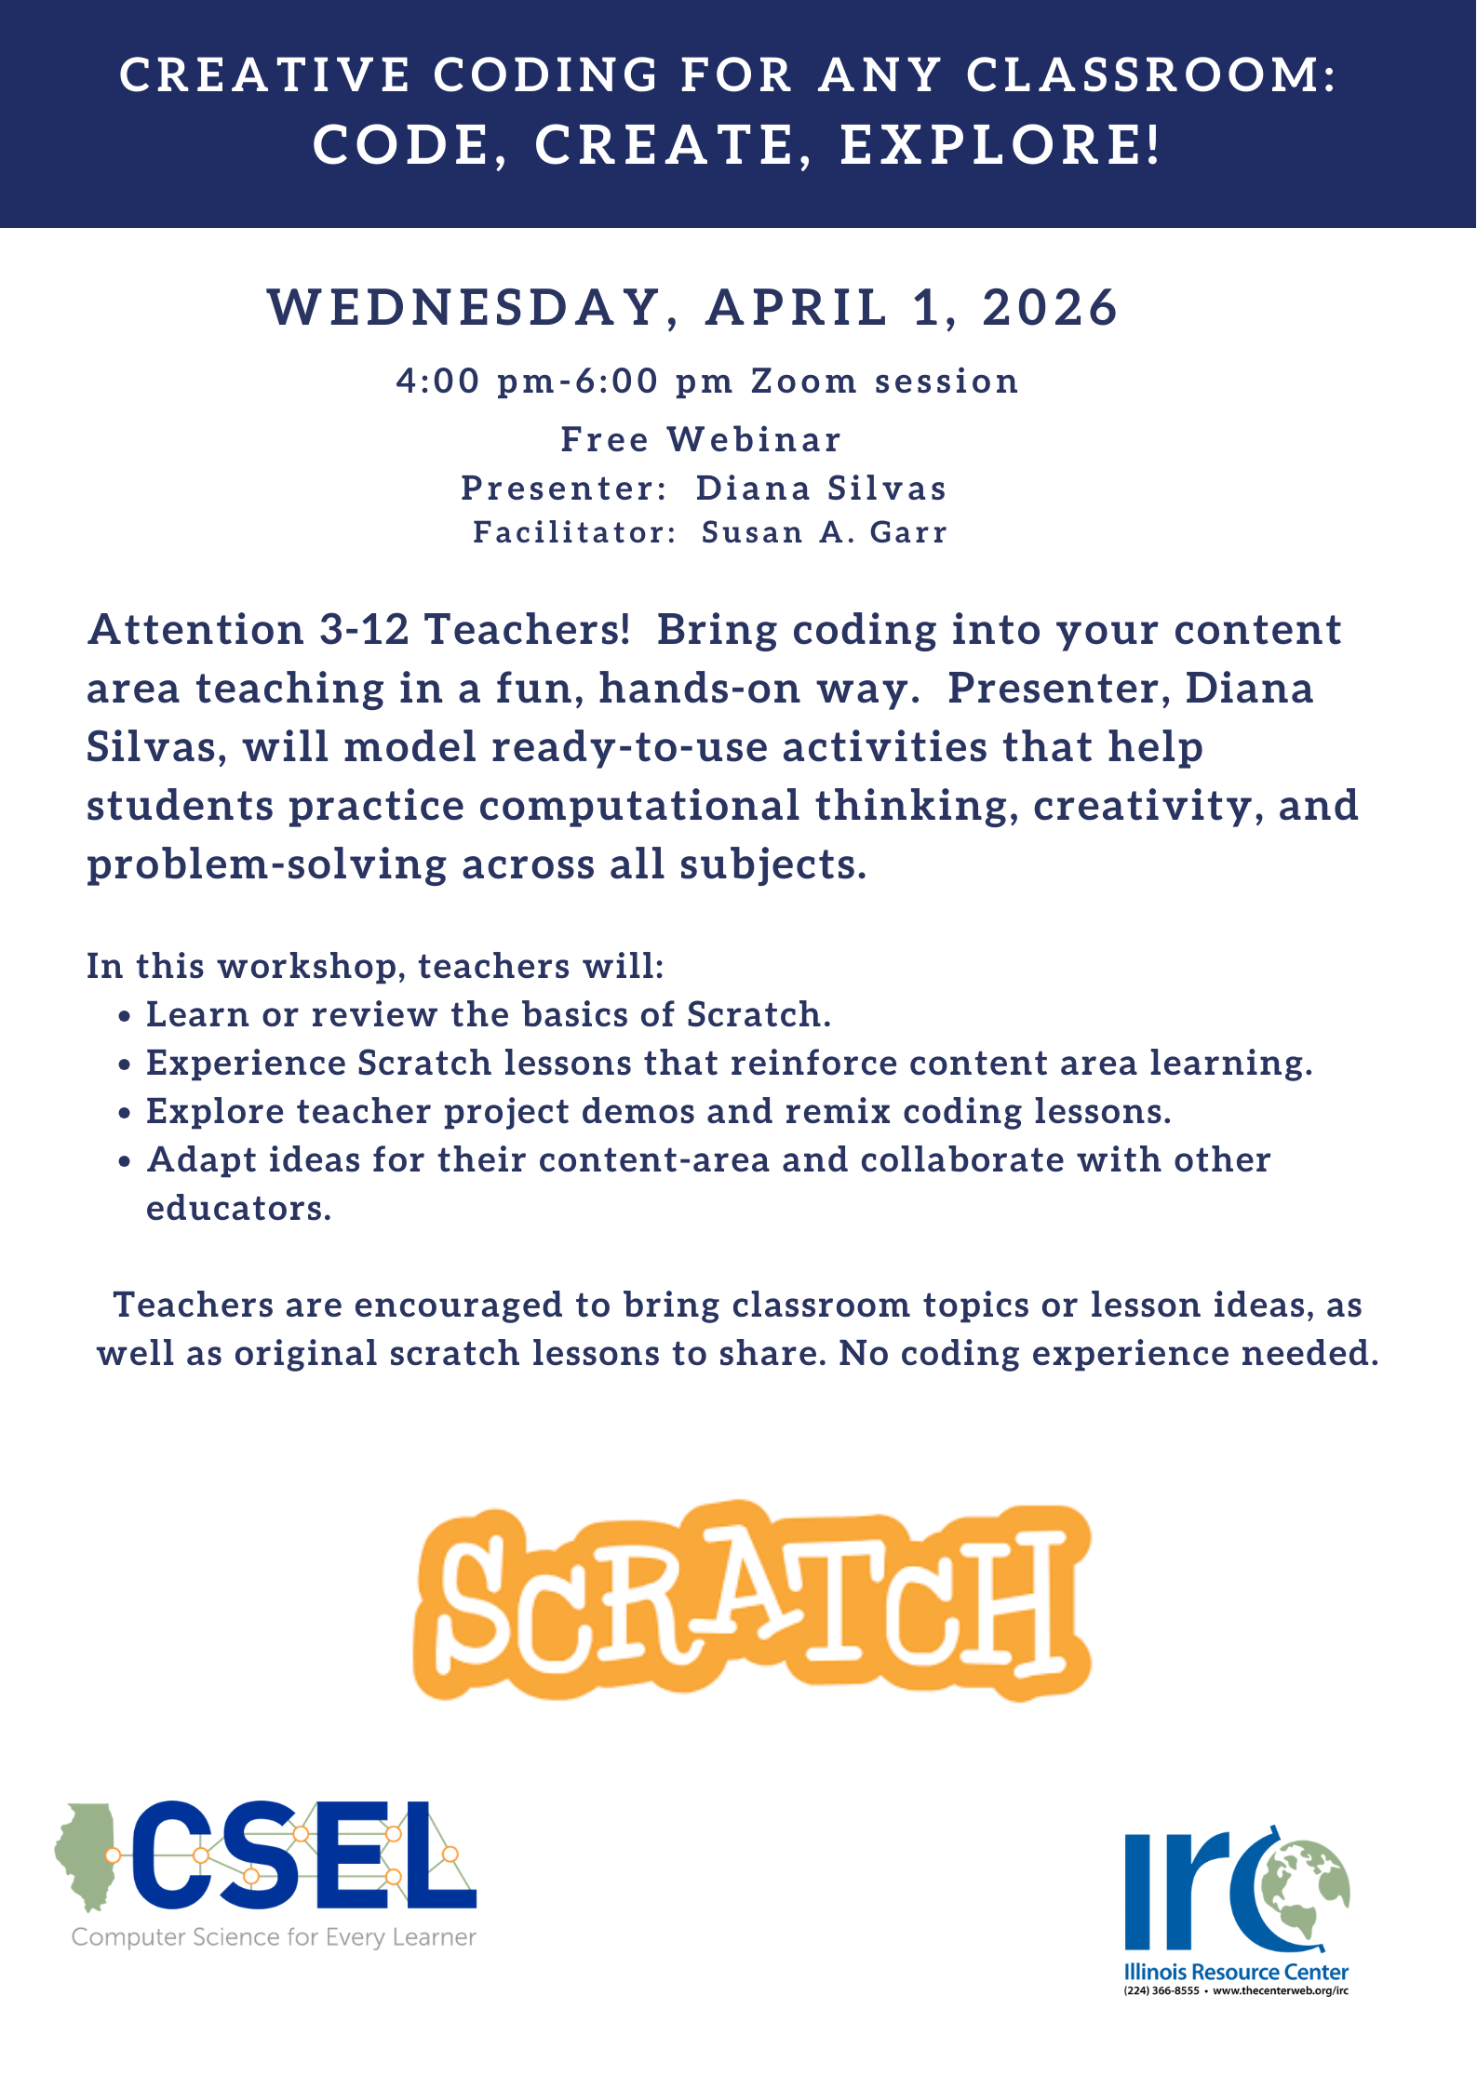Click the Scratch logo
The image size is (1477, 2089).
[x=751, y=1600]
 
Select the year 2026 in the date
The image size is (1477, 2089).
[x=1050, y=308]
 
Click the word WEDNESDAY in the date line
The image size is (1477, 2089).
[x=463, y=308]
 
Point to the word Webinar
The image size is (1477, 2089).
[x=754, y=439]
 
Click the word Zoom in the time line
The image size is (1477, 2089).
[x=804, y=382]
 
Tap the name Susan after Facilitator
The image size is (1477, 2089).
[x=752, y=532]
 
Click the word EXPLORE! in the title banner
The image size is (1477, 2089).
[x=1001, y=145]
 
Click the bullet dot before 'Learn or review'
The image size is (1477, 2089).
[x=125, y=1017]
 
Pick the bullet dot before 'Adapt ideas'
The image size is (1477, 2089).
[x=125, y=1162]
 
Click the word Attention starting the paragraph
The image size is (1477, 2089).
[x=195, y=630]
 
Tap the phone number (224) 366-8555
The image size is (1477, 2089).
[x=1161, y=1991]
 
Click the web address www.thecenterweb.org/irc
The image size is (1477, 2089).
[x=1281, y=1991]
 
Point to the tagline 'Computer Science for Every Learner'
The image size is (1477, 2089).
[x=274, y=1937]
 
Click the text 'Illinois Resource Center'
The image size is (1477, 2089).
[x=1236, y=1972]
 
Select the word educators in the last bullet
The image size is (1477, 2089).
[x=238, y=1209]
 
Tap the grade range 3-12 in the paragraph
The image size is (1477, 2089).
[x=365, y=630]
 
